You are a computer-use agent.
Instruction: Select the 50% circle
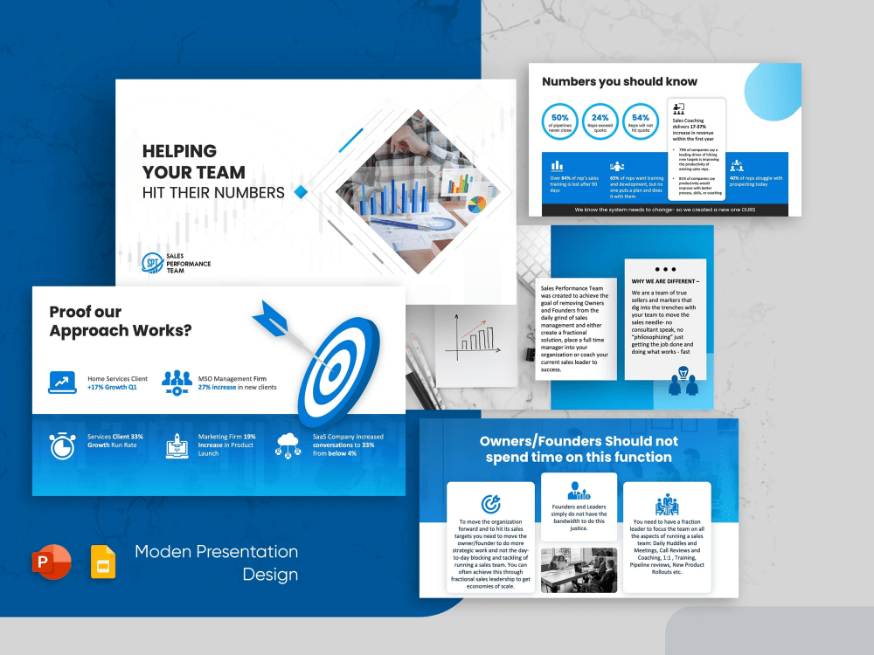click(x=560, y=122)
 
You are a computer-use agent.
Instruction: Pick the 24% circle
click(x=600, y=122)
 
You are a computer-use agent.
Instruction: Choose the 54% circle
click(x=641, y=122)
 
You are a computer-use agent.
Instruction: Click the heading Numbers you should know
click(x=620, y=81)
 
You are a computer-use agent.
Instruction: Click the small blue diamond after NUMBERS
click(x=301, y=191)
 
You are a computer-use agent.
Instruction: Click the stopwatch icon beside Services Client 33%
click(x=61, y=445)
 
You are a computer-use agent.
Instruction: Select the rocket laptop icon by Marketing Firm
click(x=177, y=445)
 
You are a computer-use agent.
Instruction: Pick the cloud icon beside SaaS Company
click(x=288, y=445)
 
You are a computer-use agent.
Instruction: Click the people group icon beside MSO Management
click(x=177, y=381)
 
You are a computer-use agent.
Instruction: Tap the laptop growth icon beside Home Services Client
click(x=61, y=381)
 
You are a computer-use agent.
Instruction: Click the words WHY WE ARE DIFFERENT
click(x=665, y=281)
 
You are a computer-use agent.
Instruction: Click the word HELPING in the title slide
click(x=179, y=151)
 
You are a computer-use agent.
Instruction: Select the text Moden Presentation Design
click(x=216, y=563)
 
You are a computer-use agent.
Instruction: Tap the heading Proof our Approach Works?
click(x=121, y=321)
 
